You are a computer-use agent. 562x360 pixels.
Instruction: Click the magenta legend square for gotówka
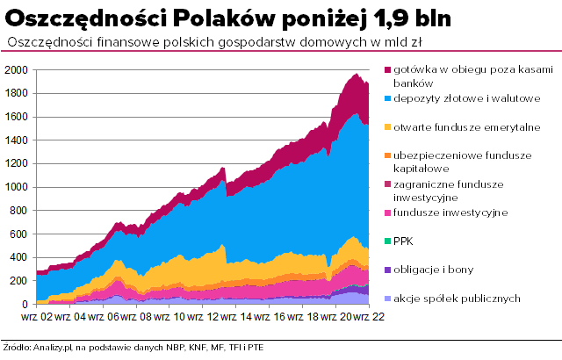[387, 69]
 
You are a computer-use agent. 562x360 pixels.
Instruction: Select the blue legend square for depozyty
[387, 97]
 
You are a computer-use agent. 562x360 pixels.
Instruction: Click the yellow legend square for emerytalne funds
[387, 126]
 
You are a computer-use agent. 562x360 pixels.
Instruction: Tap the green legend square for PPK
[387, 240]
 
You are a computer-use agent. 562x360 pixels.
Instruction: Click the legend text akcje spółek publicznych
[458, 297]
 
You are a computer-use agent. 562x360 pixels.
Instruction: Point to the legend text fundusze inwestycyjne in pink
[450, 212]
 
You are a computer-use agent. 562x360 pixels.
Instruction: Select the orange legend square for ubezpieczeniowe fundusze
[387, 155]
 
